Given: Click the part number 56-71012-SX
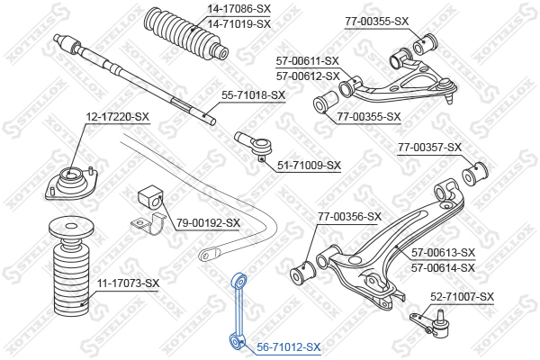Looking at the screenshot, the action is (289, 346).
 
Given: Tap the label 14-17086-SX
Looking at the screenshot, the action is (239, 9).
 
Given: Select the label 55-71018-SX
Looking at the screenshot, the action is (253, 95).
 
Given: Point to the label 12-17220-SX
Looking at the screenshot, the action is (117, 117).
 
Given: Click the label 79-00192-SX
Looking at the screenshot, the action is (209, 223).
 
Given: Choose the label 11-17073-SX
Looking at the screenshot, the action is (129, 283).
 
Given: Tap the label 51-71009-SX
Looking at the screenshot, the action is (309, 166).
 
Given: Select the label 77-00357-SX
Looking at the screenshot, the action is (430, 148).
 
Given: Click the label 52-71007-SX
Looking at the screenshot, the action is (462, 297).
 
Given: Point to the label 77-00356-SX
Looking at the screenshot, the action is (349, 217).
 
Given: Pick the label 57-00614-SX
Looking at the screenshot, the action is (443, 267).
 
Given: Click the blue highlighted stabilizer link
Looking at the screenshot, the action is (238, 310).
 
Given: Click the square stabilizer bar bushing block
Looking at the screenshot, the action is (150, 197).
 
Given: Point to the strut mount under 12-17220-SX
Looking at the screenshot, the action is (71, 183).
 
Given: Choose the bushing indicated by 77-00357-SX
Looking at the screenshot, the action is (474, 174).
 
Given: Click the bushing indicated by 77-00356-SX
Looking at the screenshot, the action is (303, 273).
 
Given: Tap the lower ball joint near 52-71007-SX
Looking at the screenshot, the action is (432, 323).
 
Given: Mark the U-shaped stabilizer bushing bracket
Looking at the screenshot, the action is (148, 224).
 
